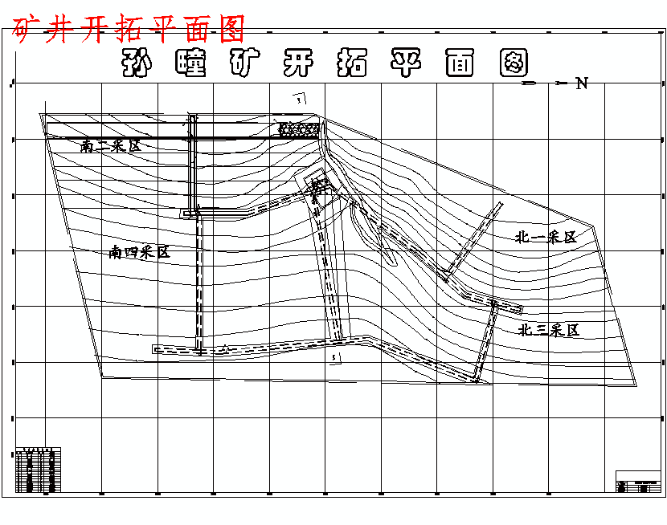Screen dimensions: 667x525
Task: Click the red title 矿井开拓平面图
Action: [x=129, y=30]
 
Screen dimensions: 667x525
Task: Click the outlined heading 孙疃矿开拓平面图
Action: [x=325, y=63]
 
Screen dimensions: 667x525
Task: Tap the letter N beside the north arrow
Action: [x=582, y=83]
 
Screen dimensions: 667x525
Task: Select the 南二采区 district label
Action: [x=110, y=146]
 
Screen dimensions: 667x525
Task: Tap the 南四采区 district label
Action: [x=141, y=252]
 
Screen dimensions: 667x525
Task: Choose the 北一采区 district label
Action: [x=546, y=237]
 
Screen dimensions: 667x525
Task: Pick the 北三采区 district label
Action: [x=549, y=329]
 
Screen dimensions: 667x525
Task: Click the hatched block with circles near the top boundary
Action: [x=299, y=128]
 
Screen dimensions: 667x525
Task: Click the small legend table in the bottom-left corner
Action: [x=38, y=470]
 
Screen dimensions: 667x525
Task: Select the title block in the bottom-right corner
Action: [x=638, y=481]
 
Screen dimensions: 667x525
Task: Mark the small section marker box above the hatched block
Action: [x=300, y=100]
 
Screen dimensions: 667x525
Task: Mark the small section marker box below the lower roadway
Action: [x=335, y=356]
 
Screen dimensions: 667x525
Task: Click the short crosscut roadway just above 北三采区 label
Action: [x=506, y=306]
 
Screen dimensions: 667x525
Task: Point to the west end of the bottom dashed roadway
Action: [x=158, y=349]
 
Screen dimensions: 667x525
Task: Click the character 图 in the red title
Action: [x=230, y=30]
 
